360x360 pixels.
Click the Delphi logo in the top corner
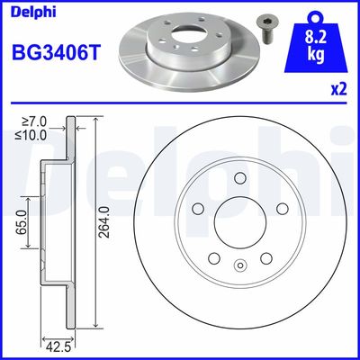coord(33,13)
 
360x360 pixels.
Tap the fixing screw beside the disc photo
coord(263,29)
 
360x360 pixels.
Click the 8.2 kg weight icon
coord(316,43)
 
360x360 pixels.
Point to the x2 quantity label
coord(338,89)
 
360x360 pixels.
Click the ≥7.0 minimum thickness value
coord(34,121)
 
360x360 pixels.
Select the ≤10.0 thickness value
coord(31,135)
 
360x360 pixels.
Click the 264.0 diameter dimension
coord(106,222)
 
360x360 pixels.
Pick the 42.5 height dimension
coord(58,348)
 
